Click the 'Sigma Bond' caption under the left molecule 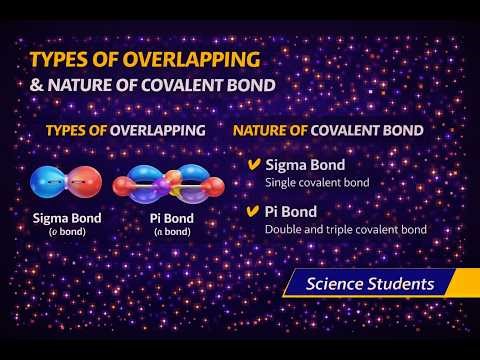coord(67,217)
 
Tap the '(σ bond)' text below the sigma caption coord(67,232)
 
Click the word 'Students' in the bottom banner coord(399,284)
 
